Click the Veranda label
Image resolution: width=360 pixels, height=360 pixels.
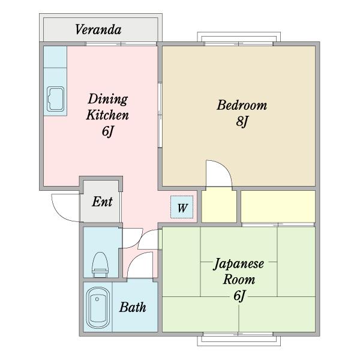coord(98,29)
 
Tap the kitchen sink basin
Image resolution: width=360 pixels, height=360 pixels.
coord(55,99)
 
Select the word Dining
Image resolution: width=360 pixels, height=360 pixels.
coord(107,100)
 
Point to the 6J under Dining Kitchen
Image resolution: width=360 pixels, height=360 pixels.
coord(107,131)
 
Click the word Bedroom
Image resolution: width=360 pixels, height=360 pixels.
coord(242,105)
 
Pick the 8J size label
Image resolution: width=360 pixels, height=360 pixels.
coord(242,121)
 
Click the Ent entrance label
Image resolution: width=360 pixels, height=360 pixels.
coord(102,202)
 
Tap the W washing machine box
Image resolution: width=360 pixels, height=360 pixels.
coord(182,207)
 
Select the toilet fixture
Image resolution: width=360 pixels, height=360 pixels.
coord(100,265)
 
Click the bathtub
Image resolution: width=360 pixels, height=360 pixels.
coord(98,307)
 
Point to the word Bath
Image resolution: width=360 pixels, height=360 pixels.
coord(133,307)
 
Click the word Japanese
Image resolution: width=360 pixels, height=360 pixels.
coord(239,264)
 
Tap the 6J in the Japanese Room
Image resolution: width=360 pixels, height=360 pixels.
coord(239,296)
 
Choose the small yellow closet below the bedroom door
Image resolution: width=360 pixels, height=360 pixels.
coord(219,205)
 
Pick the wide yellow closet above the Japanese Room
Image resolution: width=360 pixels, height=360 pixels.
coord(278,206)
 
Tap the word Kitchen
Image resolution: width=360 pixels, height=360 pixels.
coord(107,115)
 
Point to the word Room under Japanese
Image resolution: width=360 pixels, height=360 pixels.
coord(239,280)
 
